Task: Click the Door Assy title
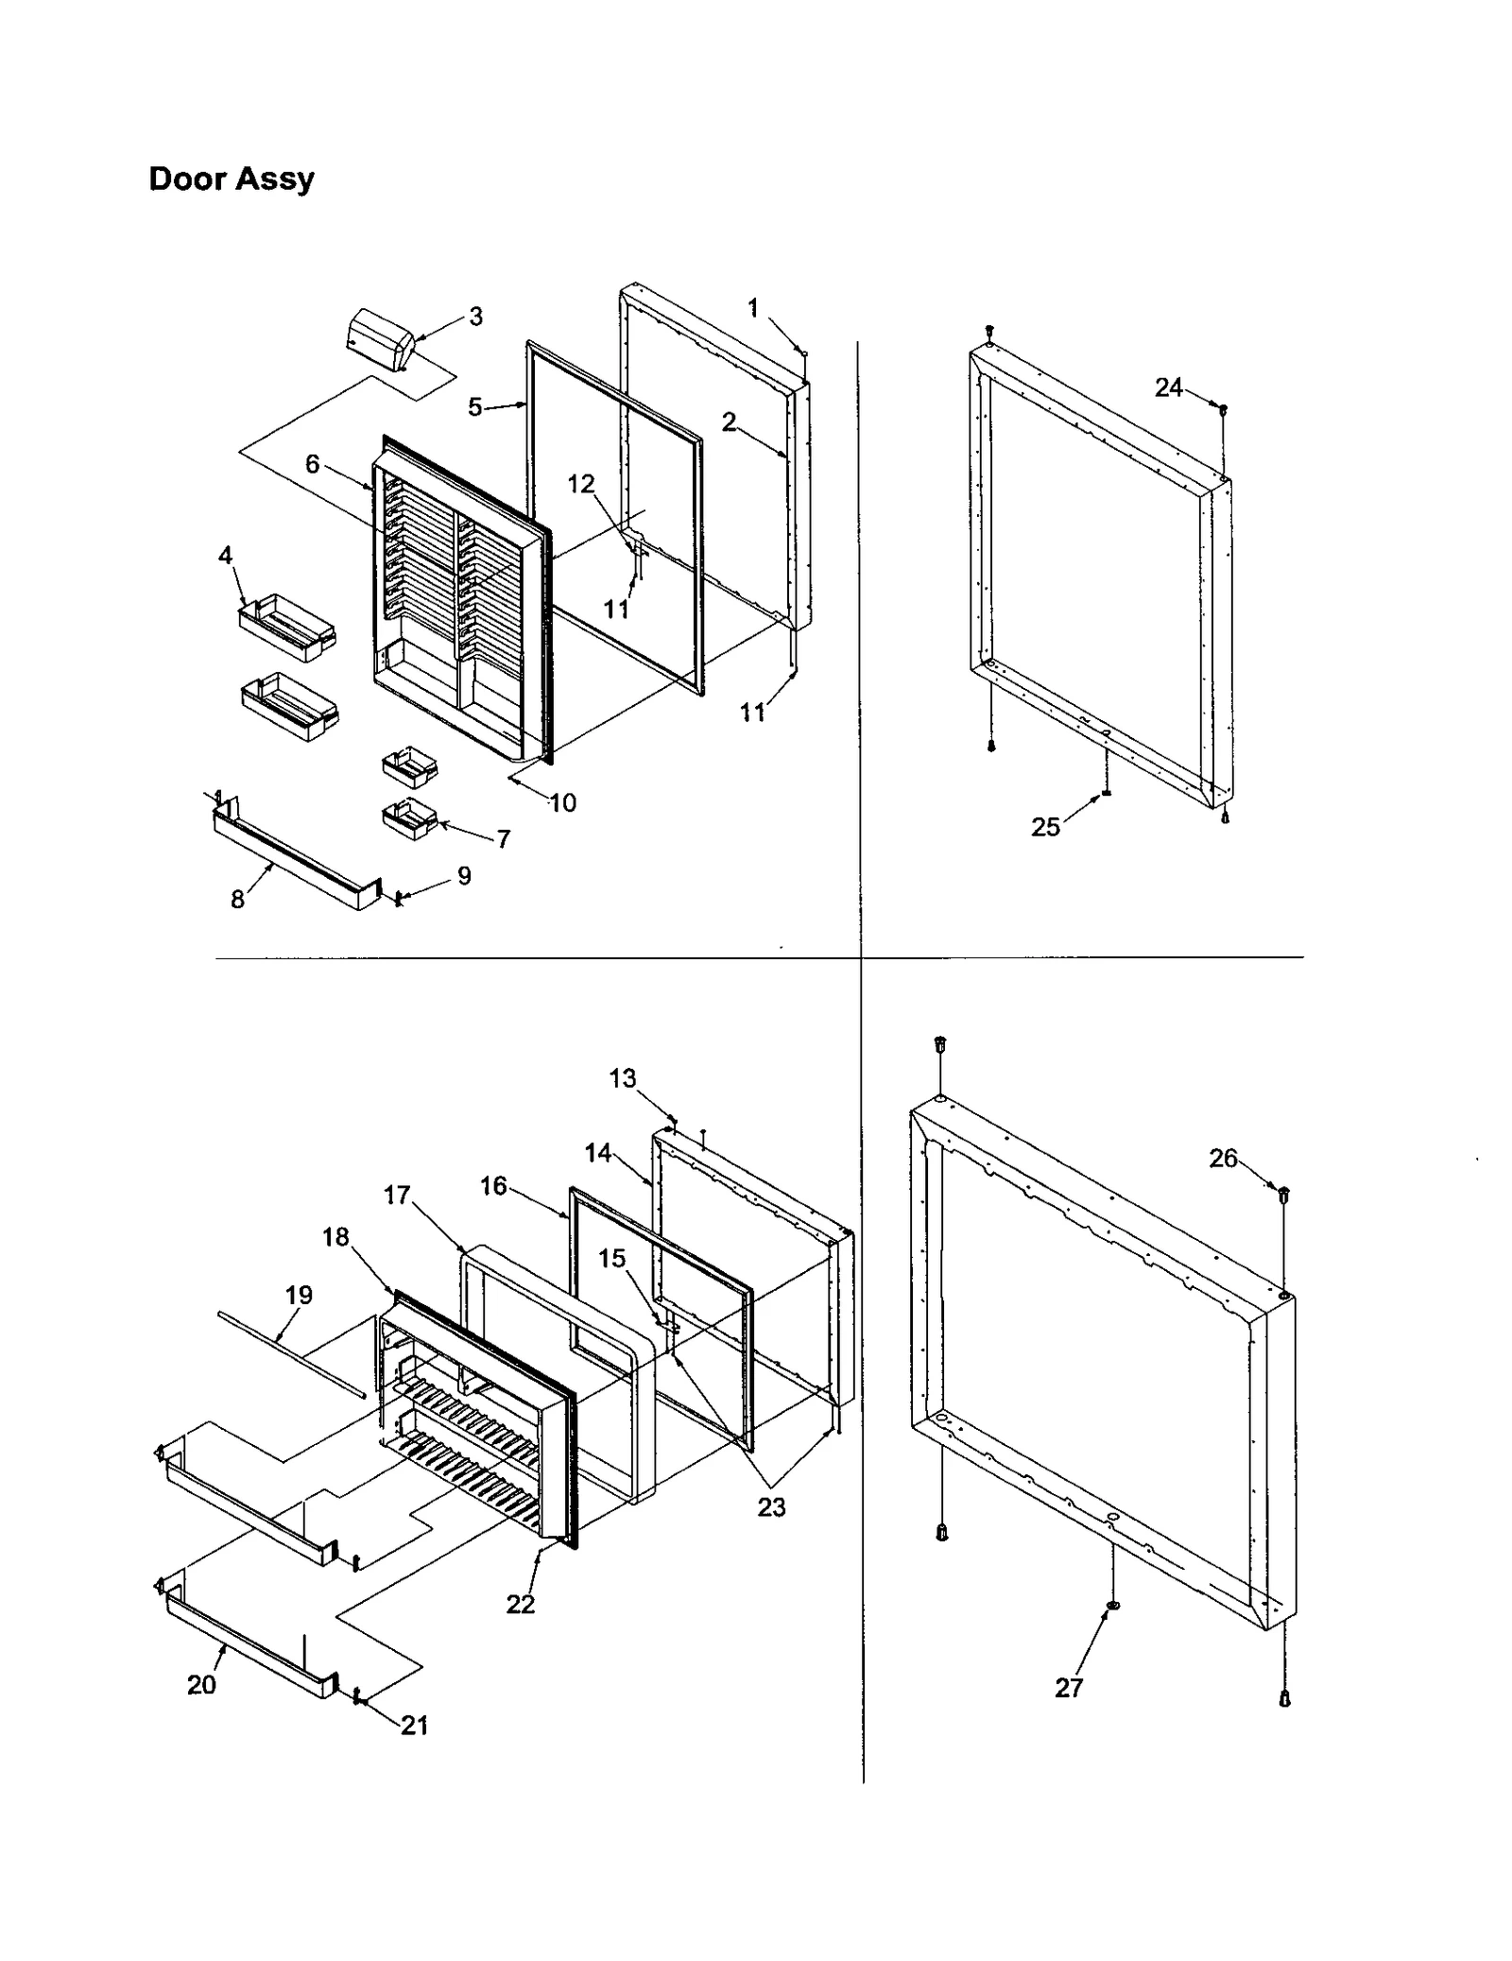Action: tap(232, 179)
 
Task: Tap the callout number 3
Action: tap(475, 318)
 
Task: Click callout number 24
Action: tap(1168, 387)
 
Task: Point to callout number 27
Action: tap(1069, 1688)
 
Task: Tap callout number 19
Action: tap(299, 1296)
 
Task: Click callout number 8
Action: tap(238, 900)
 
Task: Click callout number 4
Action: tap(225, 556)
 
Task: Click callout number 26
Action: tap(1223, 1159)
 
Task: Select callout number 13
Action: tap(623, 1079)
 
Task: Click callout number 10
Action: tap(562, 803)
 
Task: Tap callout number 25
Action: tap(1045, 828)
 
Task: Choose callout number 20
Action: tap(201, 1685)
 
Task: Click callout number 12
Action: tap(581, 485)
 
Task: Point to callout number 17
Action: tap(397, 1196)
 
